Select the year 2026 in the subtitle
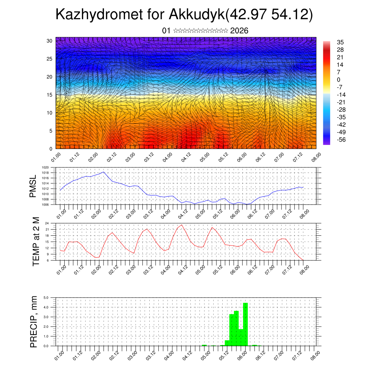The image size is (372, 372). (239, 31)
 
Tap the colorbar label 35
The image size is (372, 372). (340, 42)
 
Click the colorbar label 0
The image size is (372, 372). (339, 80)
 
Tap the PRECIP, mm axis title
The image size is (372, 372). (34, 321)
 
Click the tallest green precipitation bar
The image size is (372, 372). (245, 324)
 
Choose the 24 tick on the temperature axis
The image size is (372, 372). (47, 223)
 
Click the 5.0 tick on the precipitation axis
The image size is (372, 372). (46, 298)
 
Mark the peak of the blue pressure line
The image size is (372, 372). (104, 172)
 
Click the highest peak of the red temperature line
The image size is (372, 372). (182, 225)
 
